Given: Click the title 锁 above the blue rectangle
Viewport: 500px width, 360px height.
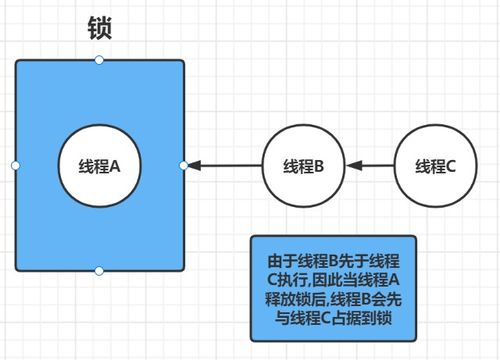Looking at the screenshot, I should (x=99, y=27).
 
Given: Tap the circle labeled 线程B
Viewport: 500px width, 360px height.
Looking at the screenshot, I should (x=301, y=165).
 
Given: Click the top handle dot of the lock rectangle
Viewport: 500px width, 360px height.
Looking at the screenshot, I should (x=99, y=60).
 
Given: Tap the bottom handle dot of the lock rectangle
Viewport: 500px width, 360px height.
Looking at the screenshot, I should (x=99, y=271).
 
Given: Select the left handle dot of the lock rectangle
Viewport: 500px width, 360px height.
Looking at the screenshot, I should (x=14, y=165).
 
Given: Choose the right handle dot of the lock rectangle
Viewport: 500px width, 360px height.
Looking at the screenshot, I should (x=184, y=165).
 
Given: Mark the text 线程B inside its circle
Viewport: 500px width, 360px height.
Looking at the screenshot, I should (x=301, y=166).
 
